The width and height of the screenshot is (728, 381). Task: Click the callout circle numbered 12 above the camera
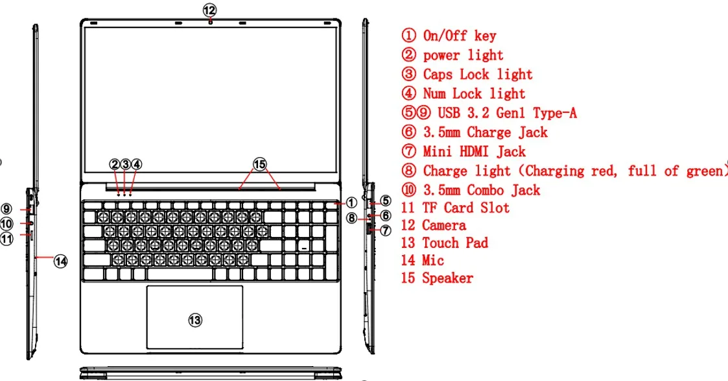[209, 10]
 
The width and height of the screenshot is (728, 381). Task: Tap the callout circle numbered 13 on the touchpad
[195, 319]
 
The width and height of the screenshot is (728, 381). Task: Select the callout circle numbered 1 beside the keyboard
[351, 203]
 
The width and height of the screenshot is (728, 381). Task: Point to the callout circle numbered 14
[60, 261]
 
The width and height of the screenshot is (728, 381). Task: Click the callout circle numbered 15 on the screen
[259, 165]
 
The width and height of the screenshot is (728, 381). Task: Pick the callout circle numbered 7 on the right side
[385, 230]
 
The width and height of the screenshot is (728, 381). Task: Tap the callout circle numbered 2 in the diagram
[115, 165]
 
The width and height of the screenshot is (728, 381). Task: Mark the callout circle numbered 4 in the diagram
[136, 165]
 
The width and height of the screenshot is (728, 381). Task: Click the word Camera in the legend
[444, 225]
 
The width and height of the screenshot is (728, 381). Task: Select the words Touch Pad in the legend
[455, 243]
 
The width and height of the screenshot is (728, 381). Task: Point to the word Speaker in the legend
[447, 278]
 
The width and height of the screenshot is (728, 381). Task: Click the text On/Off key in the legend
[459, 36]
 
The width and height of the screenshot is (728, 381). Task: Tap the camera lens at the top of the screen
[211, 21]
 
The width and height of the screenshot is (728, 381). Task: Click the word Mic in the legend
[433, 260]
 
